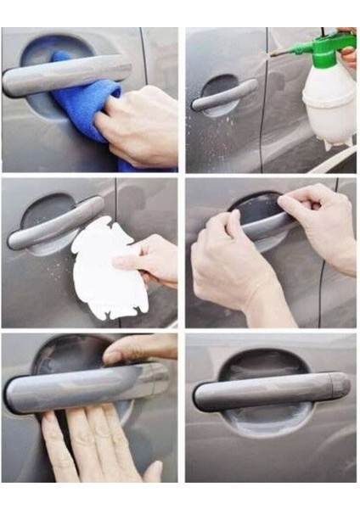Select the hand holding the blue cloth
140,127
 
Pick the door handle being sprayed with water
223,95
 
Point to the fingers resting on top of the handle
140,349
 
